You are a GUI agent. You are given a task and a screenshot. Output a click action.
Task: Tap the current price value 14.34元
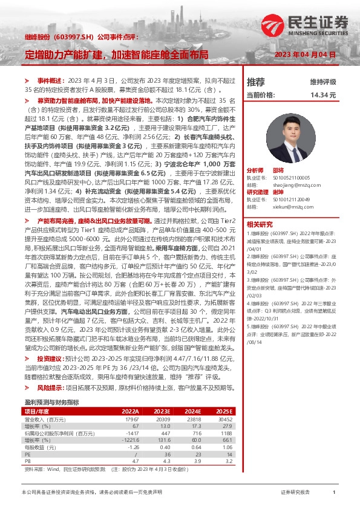coord(322,96)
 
